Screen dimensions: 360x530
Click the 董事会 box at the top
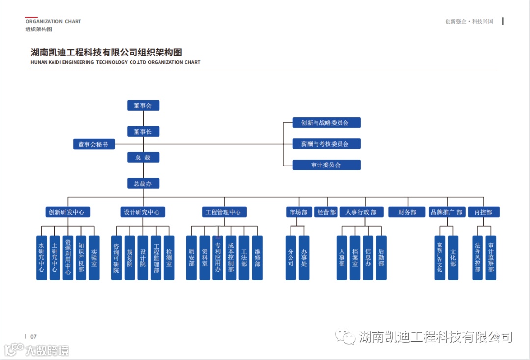coord(143,105)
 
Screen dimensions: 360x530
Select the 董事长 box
coord(143,132)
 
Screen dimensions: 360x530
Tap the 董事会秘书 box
coord(93,144)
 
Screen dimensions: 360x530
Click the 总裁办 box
coord(143,183)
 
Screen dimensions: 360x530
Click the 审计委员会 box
coord(326,165)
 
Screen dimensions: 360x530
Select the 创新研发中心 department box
coord(68,212)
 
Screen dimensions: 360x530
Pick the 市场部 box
coord(298,212)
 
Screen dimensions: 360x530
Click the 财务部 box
coord(407,212)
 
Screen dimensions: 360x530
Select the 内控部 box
coord(483,212)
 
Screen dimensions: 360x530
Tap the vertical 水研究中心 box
coord(42,258)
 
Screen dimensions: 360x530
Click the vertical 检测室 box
coord(169,258)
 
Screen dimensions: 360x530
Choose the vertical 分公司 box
coord(291,258)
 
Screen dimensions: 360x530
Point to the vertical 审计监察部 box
coord(491,258)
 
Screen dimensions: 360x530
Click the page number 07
coord(33,337)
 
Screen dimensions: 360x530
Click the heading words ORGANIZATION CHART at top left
coord(53,22)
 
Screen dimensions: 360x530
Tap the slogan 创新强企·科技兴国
coord(472,22)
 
